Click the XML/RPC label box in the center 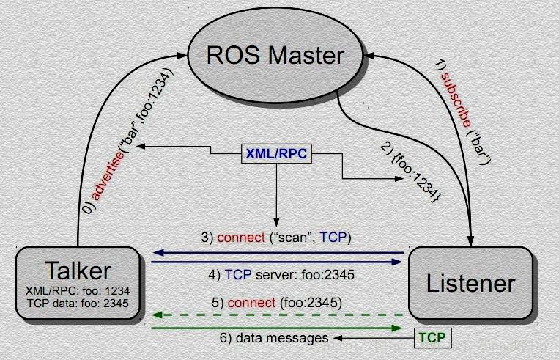point(277,154)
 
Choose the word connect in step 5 point(250,302)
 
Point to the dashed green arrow point(278,315)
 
